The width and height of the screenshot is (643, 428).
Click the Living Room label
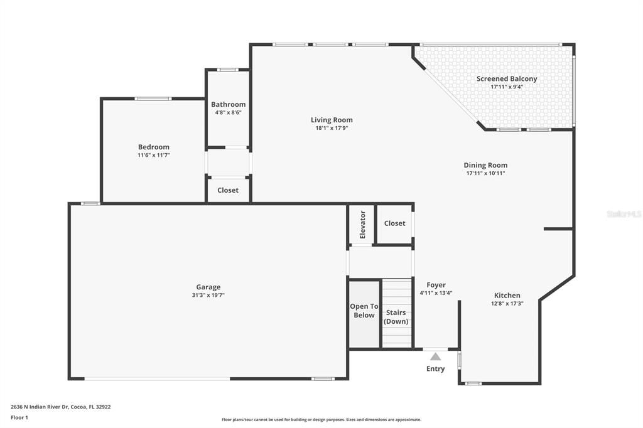(x=332, y=120)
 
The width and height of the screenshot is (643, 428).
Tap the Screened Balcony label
(x=507, y=78)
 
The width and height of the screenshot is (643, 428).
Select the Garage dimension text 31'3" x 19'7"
(x=208, y=295)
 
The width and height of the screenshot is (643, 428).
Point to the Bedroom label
(x=154, y=147)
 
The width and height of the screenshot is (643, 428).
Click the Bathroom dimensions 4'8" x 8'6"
(x=228, y=112)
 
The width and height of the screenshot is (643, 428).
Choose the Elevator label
(x=362, y=224)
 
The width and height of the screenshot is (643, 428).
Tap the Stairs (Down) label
(x=396, y=317)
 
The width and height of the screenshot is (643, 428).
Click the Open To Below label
(x=364, y=311)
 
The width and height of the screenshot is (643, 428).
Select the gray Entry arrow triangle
(x=435, y=356)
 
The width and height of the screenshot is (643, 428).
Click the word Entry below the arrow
(x=435, y=369)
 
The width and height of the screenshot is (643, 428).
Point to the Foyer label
(x=436, y=285)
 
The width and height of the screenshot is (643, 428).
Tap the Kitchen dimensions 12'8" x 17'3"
(x=507, y=303)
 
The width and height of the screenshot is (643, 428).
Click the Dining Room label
(x=485, y=165)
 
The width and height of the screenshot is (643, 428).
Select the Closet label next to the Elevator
(x=394, y=223)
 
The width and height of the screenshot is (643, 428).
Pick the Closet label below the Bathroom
(x=228, y=190)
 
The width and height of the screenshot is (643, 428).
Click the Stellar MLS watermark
(x=624, y=214)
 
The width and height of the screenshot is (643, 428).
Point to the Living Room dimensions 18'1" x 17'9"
(x=332, y=128)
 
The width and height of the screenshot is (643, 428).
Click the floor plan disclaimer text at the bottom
(x=321, y=420)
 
